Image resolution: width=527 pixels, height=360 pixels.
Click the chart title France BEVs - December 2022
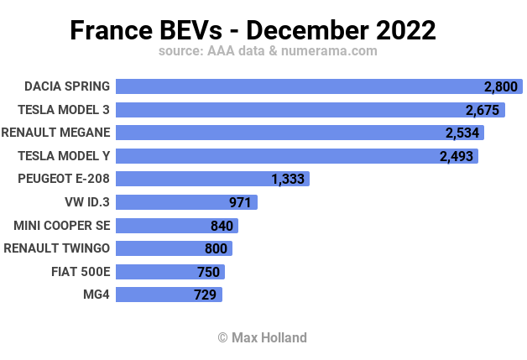(x=253, y=30)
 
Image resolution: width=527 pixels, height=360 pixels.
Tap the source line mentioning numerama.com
(x=267, y=51)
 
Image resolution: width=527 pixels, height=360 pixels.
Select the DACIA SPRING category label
(x=67, y=86)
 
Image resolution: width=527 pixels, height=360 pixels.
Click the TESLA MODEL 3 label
(x=64, y=109)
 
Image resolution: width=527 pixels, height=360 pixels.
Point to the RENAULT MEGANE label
(x=56, y=133)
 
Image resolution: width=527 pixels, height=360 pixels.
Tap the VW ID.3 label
(x=87, y=201)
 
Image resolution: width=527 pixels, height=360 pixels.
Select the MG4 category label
(x=97, y=294)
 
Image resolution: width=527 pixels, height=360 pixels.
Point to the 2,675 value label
(x=483, y=110)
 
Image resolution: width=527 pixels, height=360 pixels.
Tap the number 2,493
(x=456, y=156)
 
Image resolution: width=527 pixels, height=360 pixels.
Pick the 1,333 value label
(x=288, y=179)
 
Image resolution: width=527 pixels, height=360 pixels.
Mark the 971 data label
(x=241, y=202)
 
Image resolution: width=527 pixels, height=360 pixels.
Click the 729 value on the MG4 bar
(x=205, y=295)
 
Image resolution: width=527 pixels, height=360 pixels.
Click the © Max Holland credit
(x=262, y=337)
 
